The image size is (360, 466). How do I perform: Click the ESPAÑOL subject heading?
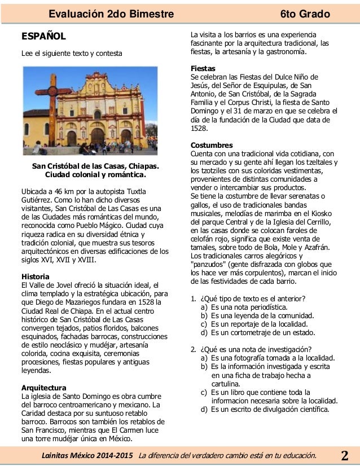click(x=43, y=37)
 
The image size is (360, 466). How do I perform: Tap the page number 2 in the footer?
click(x=345, y=455)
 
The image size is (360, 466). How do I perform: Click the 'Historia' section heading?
click(x=36, y=276)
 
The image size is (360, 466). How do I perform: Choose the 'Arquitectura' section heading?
click(x=43, y=388)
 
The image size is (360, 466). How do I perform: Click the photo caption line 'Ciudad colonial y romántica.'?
click(x=95, y=175)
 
